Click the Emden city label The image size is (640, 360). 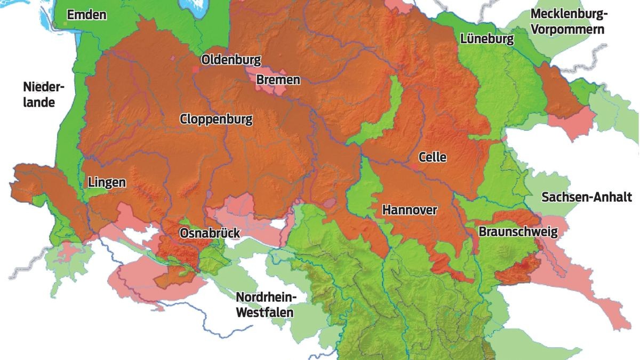(86, 15)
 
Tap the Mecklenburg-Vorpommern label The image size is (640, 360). (567, 21)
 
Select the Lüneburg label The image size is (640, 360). (487, 39)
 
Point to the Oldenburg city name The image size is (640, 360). (230, 59)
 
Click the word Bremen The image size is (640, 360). (278, 80)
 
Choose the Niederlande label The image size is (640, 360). (39, 94)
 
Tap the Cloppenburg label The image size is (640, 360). (216, 119)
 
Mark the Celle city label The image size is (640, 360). (432, 157)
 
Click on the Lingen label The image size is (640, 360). (107, 182)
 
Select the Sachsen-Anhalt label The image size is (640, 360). (586, 197)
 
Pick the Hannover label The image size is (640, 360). (409, 210)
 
